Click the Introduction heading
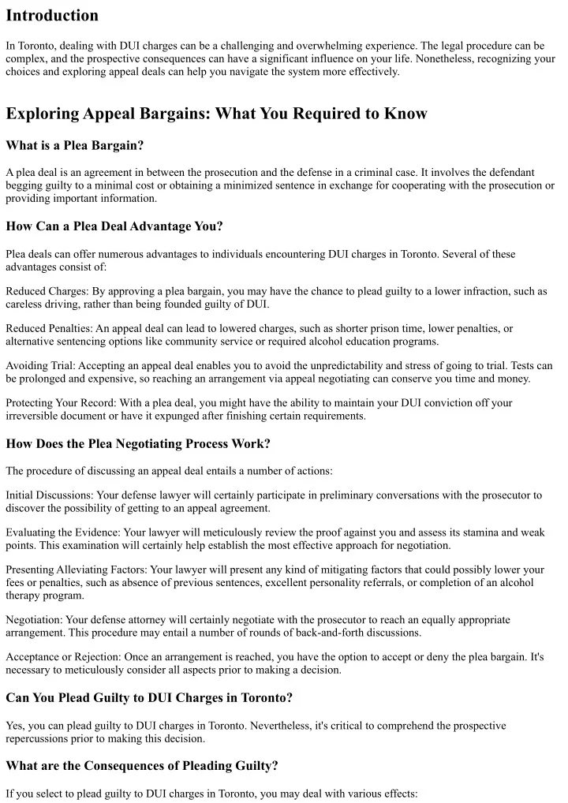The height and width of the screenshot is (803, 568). [52, 16]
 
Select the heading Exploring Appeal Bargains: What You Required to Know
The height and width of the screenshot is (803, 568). [216, 114]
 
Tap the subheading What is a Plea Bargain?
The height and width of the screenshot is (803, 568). [74, 145]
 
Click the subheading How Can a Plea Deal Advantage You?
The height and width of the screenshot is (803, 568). [114, 226]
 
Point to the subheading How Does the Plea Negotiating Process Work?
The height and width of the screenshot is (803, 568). [138, 443]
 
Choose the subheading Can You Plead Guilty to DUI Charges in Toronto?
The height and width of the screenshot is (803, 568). [148, 697]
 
